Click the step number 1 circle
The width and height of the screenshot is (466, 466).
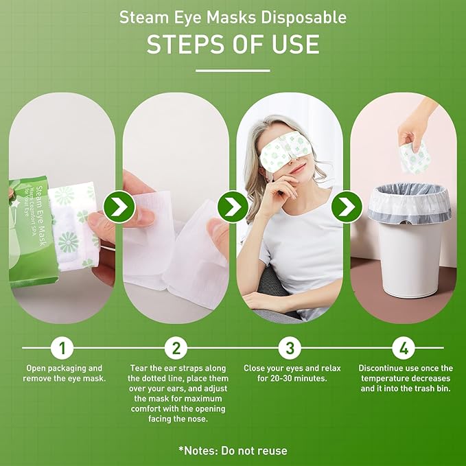pos(62,347)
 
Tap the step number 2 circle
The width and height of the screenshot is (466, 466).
pos(176,347)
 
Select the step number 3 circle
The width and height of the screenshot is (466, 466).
pos(290,347)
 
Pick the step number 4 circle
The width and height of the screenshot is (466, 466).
pos(404,347)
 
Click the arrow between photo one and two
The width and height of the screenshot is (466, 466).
pos(119,207)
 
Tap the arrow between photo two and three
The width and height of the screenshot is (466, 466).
pos(233,207)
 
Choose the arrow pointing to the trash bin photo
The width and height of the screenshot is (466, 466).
pos(347,207)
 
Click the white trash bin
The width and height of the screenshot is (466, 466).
pos(410,240)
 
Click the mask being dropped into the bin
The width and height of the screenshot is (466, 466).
pos(415,158)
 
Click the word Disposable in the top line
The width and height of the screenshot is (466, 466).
pos(304,17)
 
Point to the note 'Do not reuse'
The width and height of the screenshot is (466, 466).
pos(254,450)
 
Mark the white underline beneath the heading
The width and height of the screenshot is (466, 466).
pos(233,71)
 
